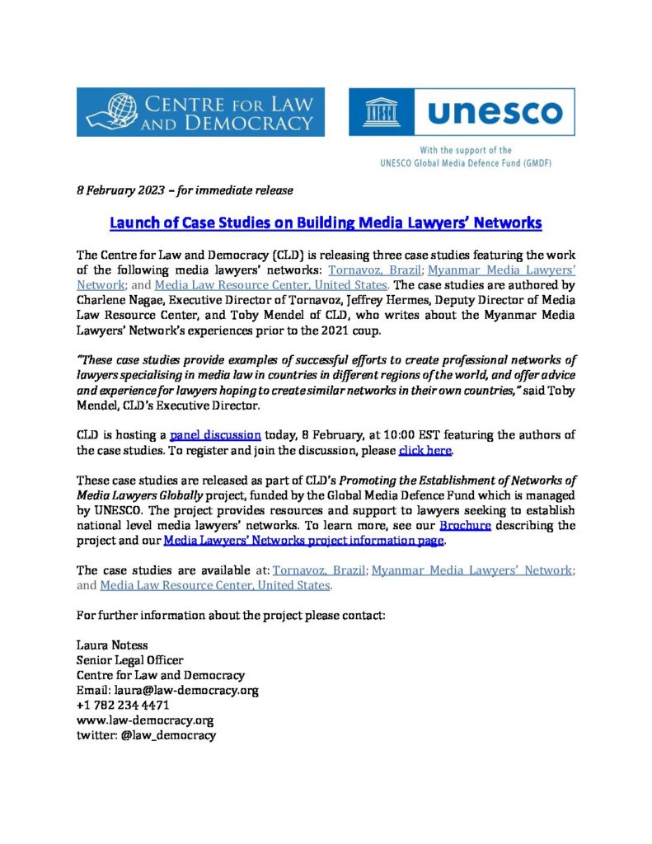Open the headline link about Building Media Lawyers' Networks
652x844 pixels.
pyautogui.click(x=326, y=223)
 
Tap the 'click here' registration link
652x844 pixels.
pyautogui.click(x=425, y=450)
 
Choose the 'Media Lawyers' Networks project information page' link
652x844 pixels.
pyautogui.click(x=304, y=541)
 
